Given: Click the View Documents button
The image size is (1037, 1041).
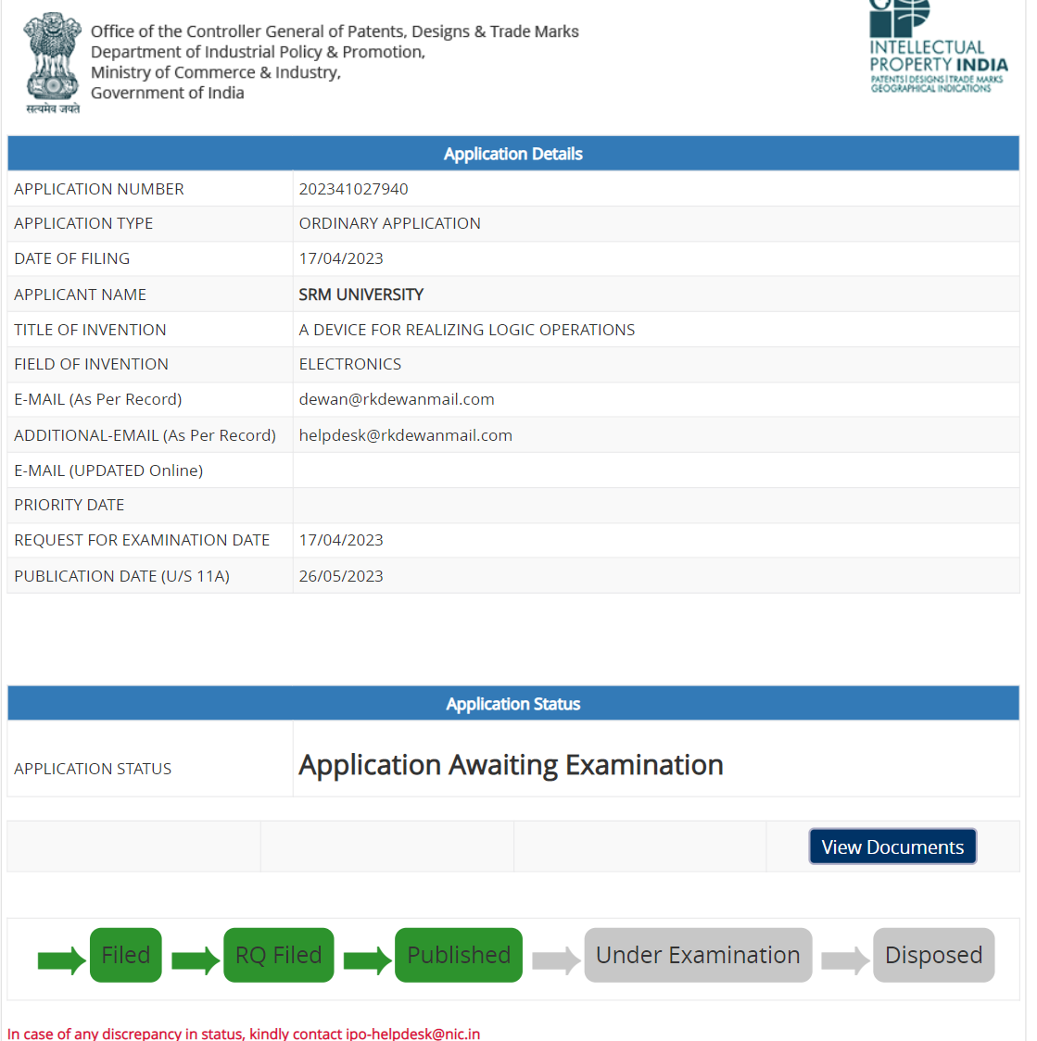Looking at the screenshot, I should (x=892, y=847).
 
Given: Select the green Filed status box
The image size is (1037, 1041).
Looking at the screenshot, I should (x=126, y=955).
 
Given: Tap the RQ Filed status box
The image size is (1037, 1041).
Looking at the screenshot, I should (x=278, y=955).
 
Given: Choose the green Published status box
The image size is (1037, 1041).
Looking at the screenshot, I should (x=459, y=955).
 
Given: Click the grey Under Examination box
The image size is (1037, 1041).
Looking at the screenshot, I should (x=698, y=955).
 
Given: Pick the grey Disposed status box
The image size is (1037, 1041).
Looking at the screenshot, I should (x=933, y=955).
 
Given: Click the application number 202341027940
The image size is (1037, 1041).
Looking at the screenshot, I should (x=353, y=189).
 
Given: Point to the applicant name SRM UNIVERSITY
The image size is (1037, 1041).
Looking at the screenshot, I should (x=360, y=295).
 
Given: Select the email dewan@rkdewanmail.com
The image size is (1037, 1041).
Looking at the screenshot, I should (x=397, y=399).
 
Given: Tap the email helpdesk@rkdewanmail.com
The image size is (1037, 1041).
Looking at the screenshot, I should (x=405, y=435).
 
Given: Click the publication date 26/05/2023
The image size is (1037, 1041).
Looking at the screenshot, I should (x=341, y=576).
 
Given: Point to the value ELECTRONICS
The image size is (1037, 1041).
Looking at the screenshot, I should (x=350, y=364).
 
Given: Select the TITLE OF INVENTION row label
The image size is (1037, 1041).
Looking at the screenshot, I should (x=90, y=330).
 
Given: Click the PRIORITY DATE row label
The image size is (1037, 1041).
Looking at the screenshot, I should (x=70, y=505).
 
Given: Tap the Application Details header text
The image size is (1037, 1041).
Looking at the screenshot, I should (x=512, y=154).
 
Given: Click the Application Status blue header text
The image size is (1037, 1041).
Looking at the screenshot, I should (x=512, y=704).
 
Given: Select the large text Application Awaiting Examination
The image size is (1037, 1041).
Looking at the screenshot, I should (x=511, y=765).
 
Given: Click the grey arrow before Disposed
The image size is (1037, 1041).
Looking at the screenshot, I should (x=844, y=959).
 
